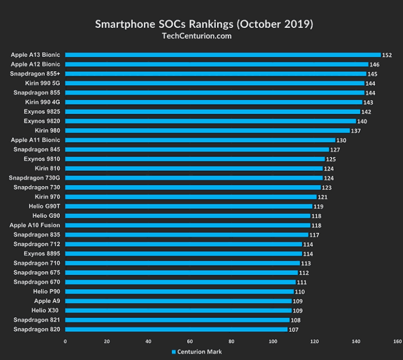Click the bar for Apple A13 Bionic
click(x=222, y=55)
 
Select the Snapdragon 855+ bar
click(x=216, y=73)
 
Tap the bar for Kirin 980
click(x=207, y=131)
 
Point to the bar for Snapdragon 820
click(x=176, y=330)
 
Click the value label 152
click(x=387, y=55)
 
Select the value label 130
click(x=342, y=140)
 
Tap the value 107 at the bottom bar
click(x=294, y=330)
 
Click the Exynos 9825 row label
click(x=42, y=112)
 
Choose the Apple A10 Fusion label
click(x=35, y=225)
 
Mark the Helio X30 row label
click(x=46, y=311)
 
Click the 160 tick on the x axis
click(x=397, y=341)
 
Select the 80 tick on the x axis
click(x=231, y=341)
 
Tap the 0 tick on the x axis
click(x=65, y=341)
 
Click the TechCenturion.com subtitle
click(x=201, y=36)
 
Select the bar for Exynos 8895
click(x=184, y=254)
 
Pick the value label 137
click(x=356, y=131)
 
